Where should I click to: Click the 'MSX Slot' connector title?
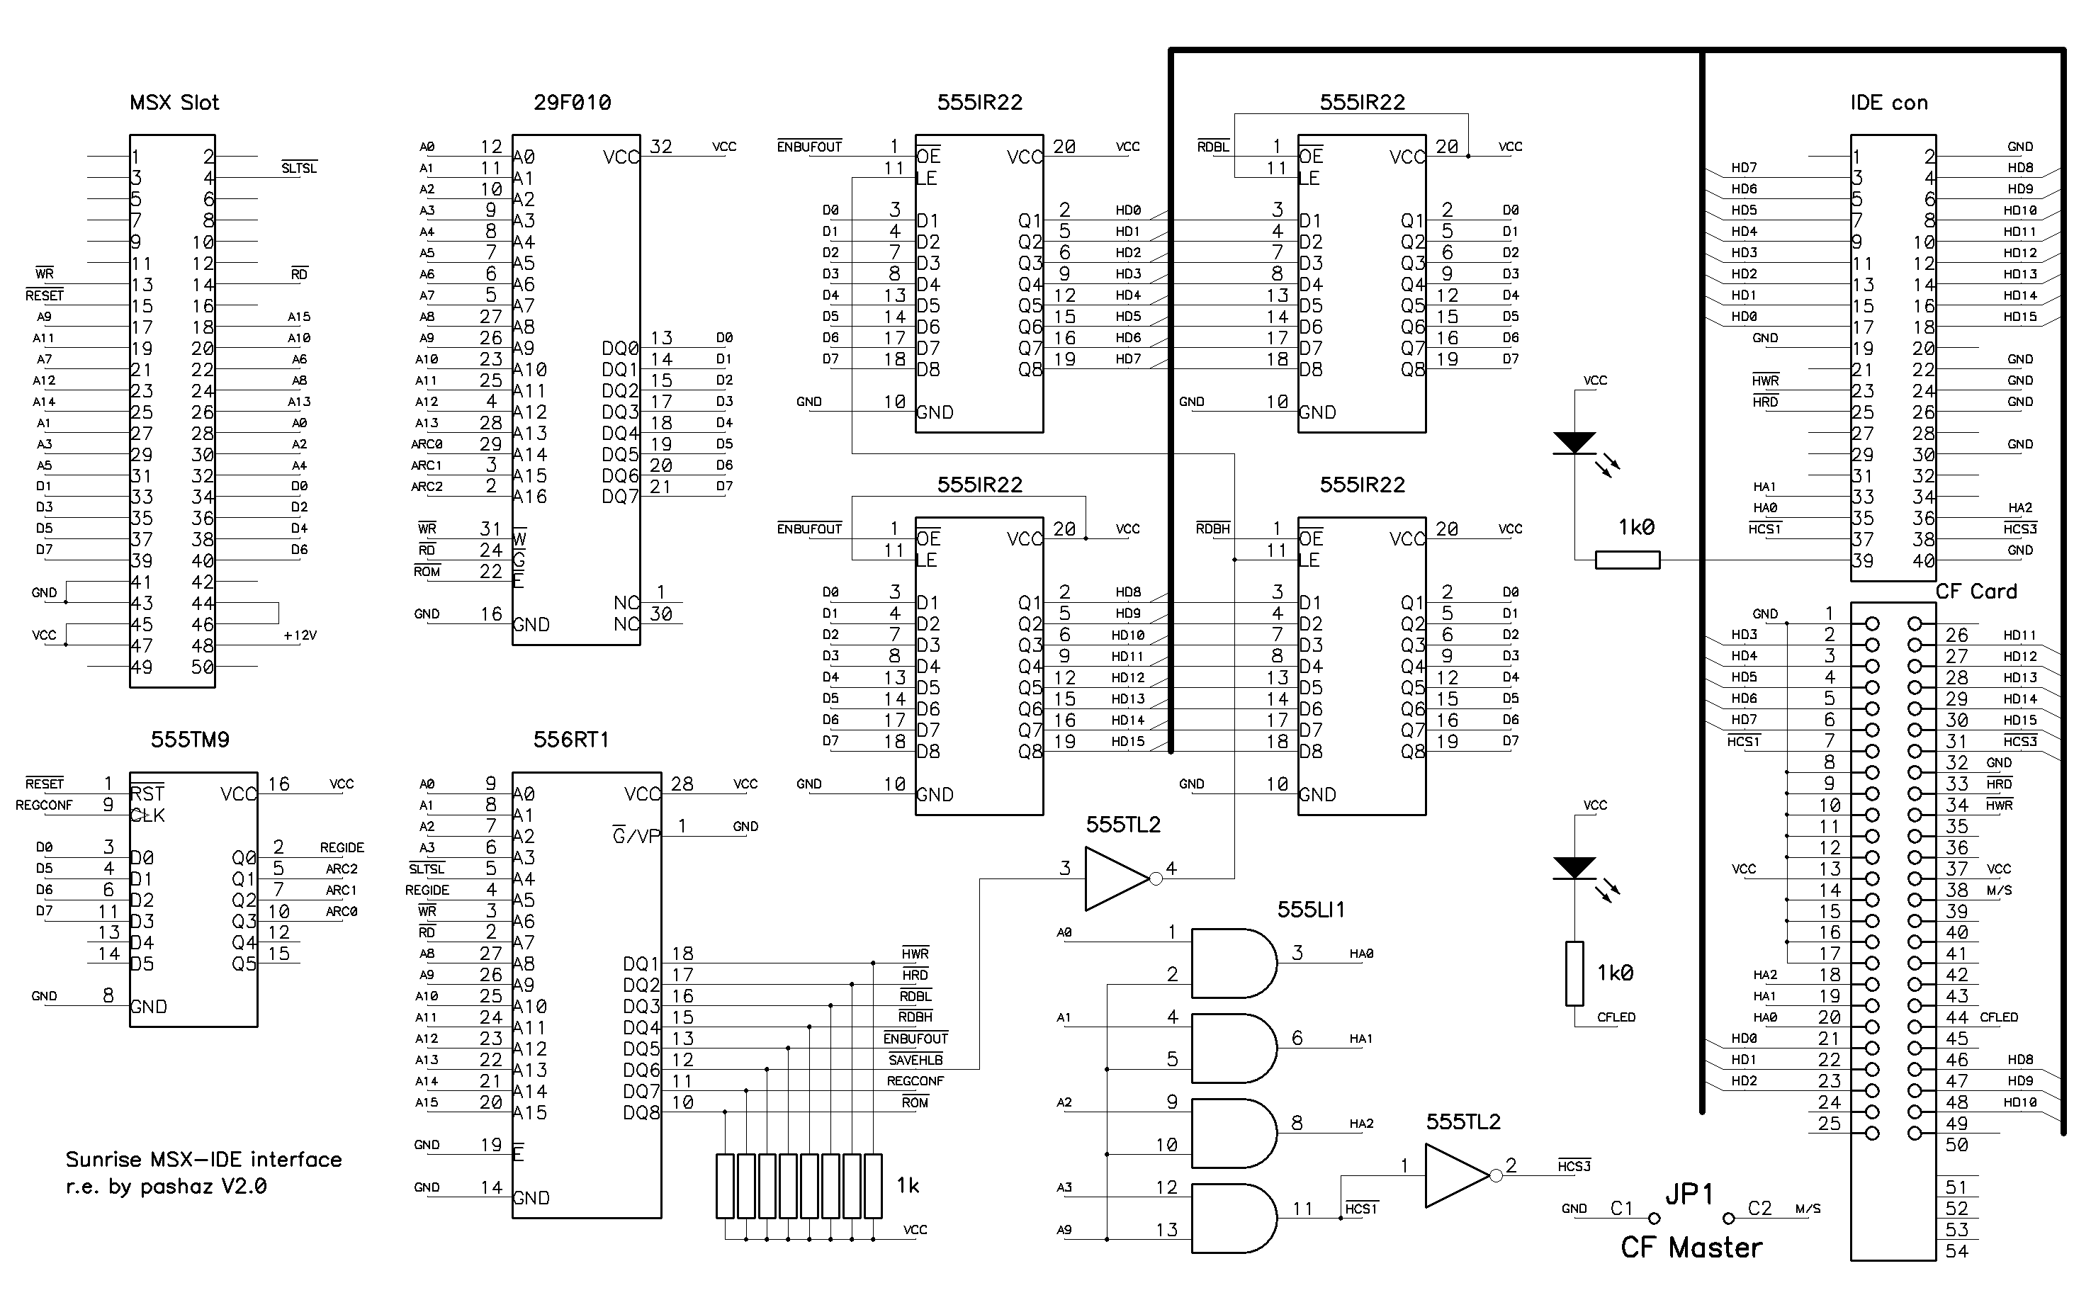174,103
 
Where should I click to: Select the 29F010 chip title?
572,103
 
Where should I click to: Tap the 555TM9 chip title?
190,740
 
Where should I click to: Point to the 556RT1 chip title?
571,740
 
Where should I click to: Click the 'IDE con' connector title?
1889,103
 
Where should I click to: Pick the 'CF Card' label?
1976,592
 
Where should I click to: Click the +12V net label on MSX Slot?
300,636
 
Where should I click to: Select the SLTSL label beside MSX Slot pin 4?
299,169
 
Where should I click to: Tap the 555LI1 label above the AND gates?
1311,910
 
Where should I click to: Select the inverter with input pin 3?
1117,878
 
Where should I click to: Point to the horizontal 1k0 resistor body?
1628,560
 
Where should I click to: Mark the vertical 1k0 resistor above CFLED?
1574,974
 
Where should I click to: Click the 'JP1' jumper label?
1689,1195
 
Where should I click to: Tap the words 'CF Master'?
1691,1248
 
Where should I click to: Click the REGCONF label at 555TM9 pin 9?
44,806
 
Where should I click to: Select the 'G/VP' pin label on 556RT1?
636,836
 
